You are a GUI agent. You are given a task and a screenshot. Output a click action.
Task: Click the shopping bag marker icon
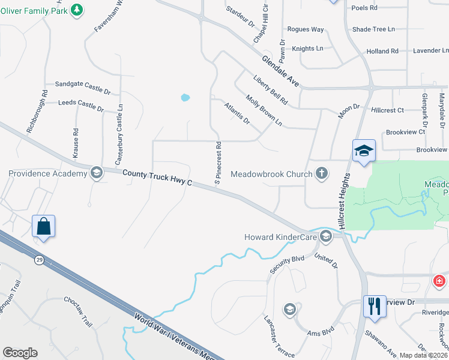click(44, 226)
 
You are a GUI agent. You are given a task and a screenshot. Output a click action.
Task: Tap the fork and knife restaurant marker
click(374, 306)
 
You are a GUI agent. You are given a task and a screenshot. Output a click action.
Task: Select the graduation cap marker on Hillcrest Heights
click(364, 151)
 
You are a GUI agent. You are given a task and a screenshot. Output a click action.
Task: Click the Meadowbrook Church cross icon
click(322, 174)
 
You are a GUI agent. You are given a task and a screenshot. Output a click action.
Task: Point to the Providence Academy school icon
click(95, 174)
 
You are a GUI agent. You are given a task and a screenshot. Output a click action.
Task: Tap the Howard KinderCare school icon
click(326, 236)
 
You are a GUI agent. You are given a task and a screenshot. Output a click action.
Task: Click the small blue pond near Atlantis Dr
click(185, 97)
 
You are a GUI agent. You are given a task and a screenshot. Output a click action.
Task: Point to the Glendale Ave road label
click(280, 71)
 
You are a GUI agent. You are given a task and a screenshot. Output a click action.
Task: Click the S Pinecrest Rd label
click(219, 163)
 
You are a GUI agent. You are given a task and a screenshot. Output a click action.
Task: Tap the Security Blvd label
click(287, 264)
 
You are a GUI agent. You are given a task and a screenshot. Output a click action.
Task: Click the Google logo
click(20, 353)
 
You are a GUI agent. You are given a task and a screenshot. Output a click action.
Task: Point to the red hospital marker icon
click(439, 280)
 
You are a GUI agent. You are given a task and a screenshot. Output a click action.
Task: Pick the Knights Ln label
click(307, 48)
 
